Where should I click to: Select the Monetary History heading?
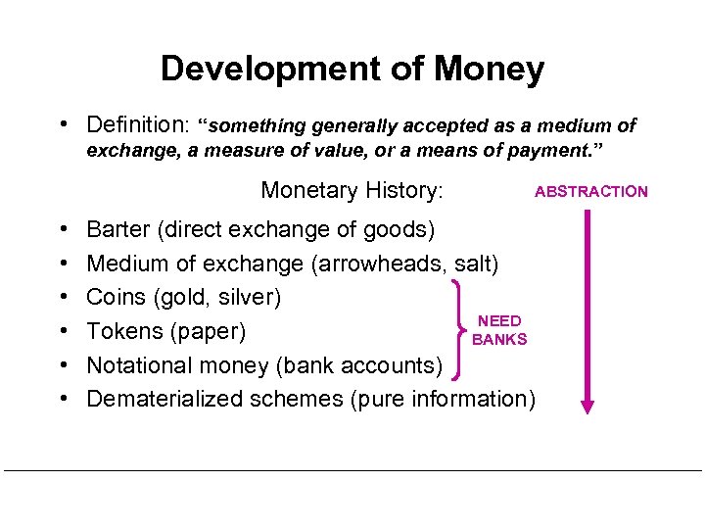(352, 190)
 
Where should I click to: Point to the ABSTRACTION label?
(590, 191)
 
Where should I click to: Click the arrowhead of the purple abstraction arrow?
(587, 404)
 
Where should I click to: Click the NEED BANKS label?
(499, 330)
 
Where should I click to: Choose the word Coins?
(115, 297)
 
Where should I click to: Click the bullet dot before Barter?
(63, 229)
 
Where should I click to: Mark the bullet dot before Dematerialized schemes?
(63, 399)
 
